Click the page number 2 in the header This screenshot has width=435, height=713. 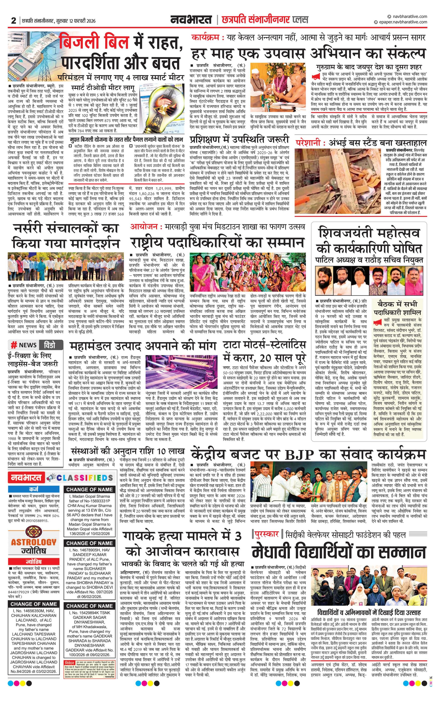click(x=13, y=20)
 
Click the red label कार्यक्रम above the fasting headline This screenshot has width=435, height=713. click(x=207, y=38)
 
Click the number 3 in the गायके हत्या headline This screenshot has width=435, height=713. click(x=237, y=536)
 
